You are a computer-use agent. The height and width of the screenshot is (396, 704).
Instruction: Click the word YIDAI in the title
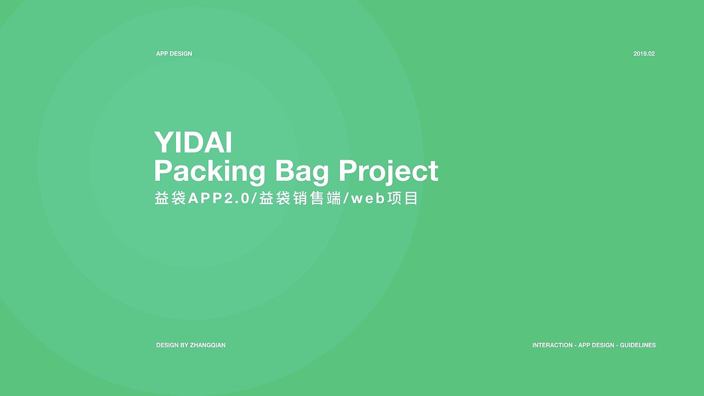coord(193,142)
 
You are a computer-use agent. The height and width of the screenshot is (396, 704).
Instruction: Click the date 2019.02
coord(644,54)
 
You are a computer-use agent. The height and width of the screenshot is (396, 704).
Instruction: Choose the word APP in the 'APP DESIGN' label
coord(162,54)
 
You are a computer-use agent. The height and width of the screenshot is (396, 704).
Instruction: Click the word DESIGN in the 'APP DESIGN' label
coord(181,54)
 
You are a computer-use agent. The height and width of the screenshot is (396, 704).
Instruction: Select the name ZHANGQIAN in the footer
coord(208,345)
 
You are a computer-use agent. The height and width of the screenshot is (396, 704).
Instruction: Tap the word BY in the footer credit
coord(184,345)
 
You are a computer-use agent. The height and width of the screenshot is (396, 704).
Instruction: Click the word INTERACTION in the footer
coord(553,345)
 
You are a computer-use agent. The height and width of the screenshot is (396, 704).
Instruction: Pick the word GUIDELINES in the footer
coord(637,345)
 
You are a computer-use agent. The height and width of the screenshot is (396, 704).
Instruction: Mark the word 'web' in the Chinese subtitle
coord(368,199)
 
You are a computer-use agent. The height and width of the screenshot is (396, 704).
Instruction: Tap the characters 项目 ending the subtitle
coord(403,199)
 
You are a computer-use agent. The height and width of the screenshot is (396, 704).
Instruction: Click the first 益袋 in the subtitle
coord(170,199)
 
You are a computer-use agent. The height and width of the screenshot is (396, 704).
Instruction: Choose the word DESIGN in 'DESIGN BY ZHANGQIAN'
coord(168,345)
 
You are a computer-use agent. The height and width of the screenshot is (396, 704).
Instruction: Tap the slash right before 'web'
coord(346,199)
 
